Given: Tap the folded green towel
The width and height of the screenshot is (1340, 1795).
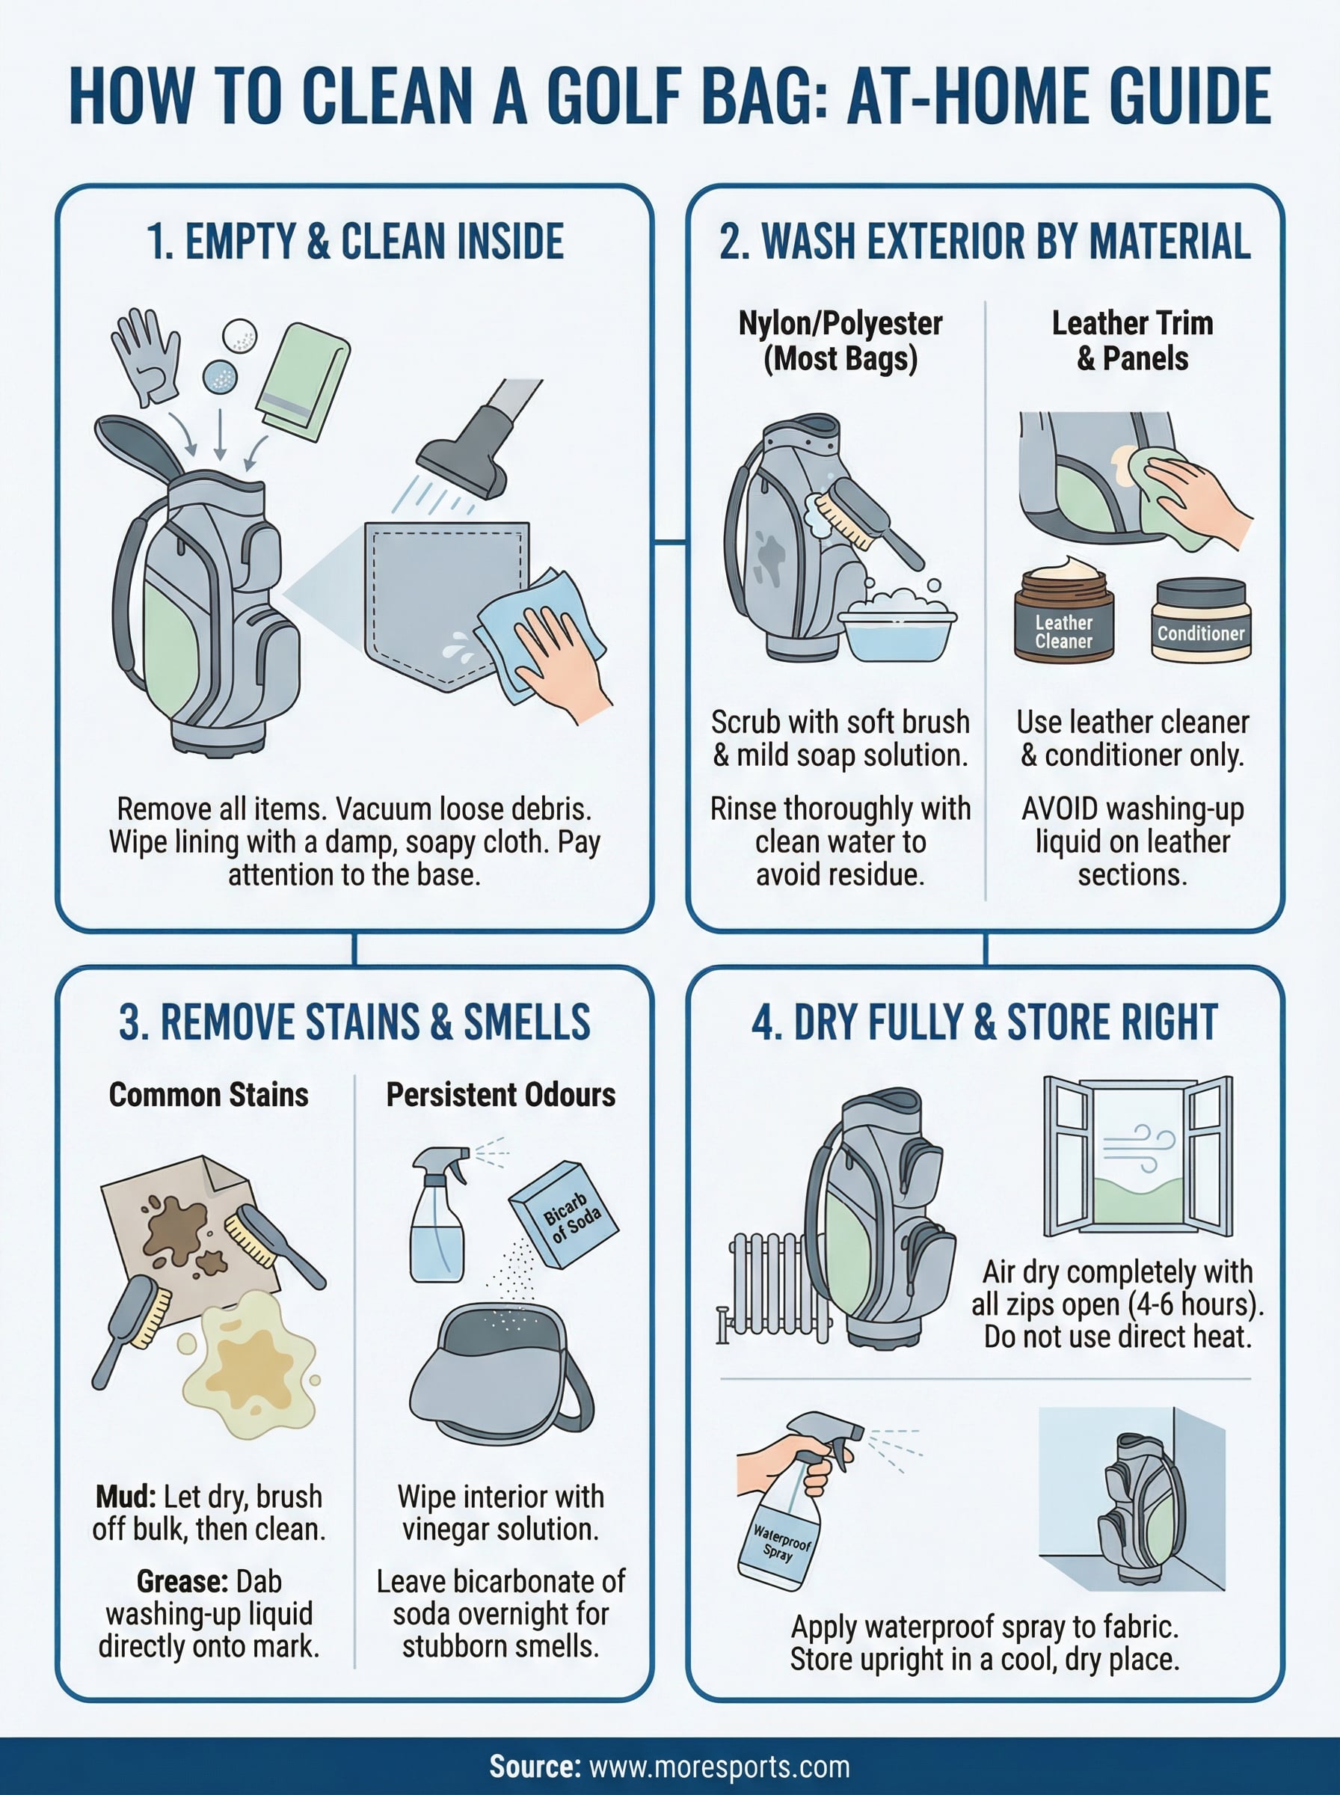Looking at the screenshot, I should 304,381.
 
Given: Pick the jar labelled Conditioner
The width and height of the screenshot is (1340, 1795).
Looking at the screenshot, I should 1200,620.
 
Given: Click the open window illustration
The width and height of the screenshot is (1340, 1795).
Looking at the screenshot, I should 1137,1156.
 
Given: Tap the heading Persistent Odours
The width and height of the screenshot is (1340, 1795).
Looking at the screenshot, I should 500,1095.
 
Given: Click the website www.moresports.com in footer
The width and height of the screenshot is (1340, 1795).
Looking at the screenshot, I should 719,1766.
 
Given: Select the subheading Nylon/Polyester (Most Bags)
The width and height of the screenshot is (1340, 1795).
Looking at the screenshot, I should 840,340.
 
